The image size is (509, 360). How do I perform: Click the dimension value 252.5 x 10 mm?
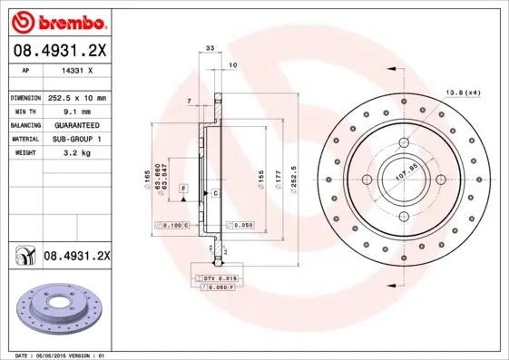76,97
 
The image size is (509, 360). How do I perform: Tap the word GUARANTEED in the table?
76,124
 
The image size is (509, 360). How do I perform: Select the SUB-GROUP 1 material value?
76,139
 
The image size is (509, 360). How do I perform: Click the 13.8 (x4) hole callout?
463,92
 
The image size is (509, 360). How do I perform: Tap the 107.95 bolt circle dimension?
405,172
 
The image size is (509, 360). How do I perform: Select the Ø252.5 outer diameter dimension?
295,171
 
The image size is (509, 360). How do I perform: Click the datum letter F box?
183,187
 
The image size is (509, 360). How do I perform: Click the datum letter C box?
216,193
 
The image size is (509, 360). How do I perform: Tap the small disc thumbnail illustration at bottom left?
57,312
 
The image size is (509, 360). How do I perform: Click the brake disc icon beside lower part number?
22,257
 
